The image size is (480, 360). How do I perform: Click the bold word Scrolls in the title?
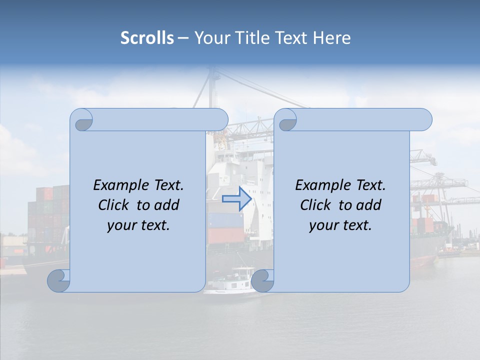coord(147,38)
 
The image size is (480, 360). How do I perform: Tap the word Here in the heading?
coord(331,38)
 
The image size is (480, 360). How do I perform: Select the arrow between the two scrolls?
coord(237,198)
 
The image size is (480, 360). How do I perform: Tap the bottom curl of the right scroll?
coord(262,281)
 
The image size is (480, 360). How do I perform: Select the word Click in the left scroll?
coord(113,205)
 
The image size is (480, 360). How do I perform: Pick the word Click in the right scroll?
coord(315,205)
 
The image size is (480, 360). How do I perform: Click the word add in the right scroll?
coord(369,205)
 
